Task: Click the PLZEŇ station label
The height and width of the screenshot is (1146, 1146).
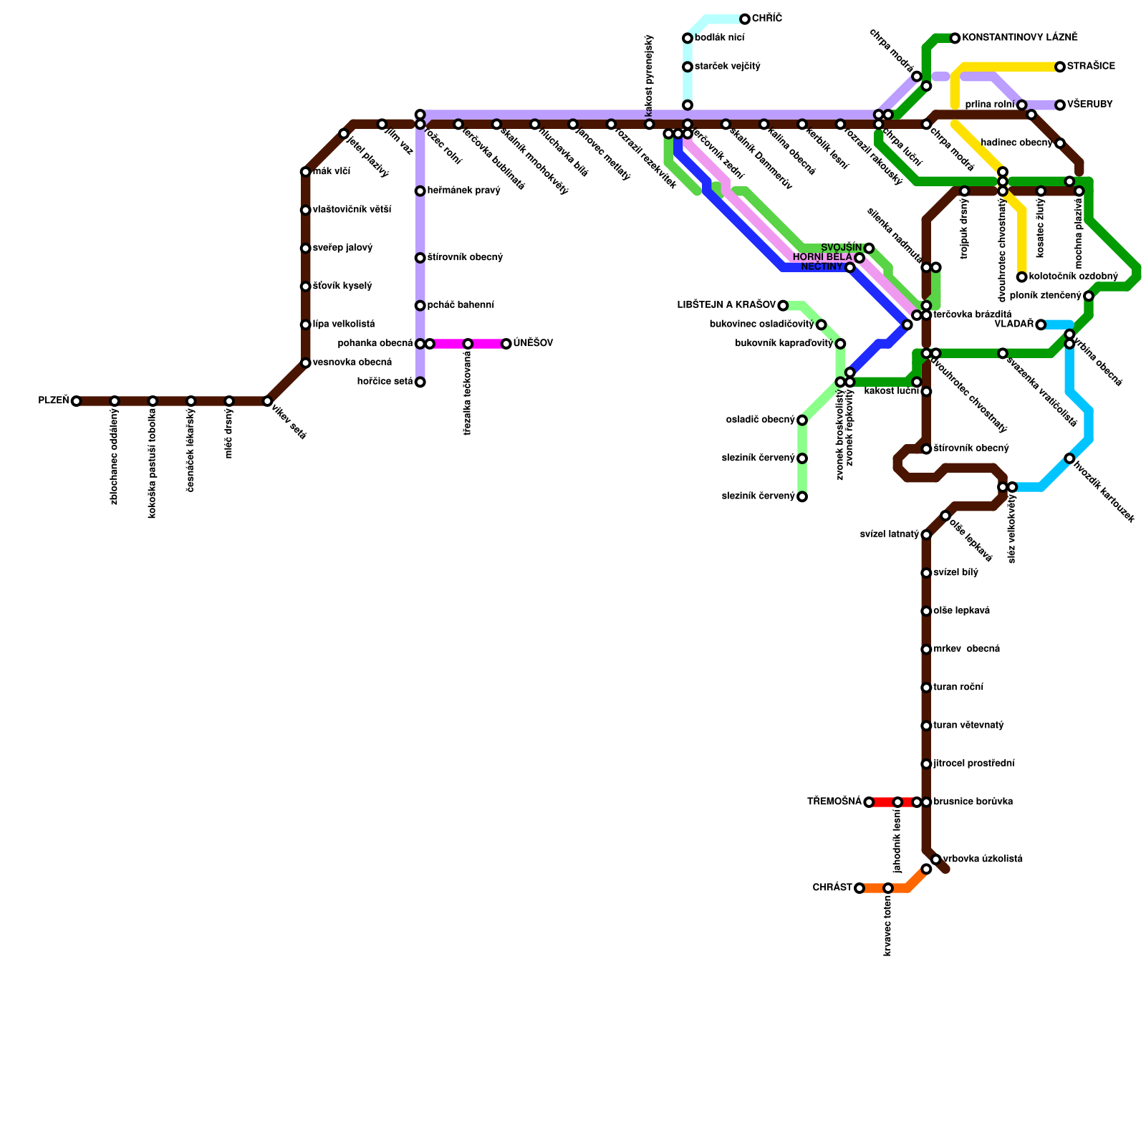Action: pyautogui.click(x=54, y=400)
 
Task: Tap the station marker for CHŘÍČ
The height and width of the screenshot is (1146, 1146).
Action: pyautogui.click(x=745, y=19)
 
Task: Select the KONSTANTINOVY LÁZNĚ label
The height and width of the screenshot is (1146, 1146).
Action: pyautogui.click(x=1019, y=37)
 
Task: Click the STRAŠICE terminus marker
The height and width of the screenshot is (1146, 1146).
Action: pyautogui.click(x=1060, y=67)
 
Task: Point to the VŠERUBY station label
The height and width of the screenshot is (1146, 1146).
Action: pyautogui.click(x=1089, y=105)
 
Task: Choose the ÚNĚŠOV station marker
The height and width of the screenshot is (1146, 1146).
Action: pyautogui.click(x=506, y=344)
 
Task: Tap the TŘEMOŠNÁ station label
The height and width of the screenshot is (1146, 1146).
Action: pyautogui.click(x=834, y=801)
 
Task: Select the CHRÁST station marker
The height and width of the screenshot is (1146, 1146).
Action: pyautogui.click(x=860, y=888)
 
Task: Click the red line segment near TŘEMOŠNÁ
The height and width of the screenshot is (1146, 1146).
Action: pyautogui.click(x=884, y=802)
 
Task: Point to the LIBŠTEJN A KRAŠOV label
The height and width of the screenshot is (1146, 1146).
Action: pyautogui.click(x=726, y=305)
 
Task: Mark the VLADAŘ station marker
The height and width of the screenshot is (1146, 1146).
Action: pyautogui.click(x=1041, y=324)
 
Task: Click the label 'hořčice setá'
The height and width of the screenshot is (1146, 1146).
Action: pyautogui.click(x=385, y=382)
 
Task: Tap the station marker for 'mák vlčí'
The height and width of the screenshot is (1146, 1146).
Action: pyautogui.click(x=306, y=172)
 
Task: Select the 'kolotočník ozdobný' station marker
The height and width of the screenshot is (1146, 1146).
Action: pyautogui.click(x=1022, y=277)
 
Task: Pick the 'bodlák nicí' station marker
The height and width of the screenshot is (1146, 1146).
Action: pyautogui.click(x=688, y=38)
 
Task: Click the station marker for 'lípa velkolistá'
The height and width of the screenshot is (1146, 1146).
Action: pyautogui.click(x=306, y=324)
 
